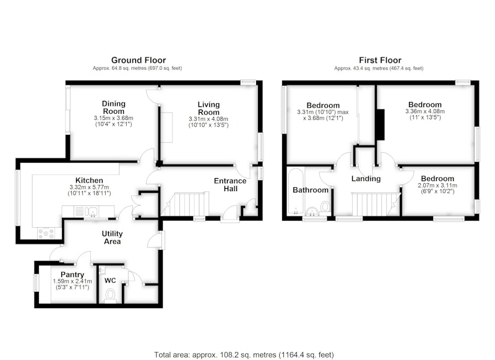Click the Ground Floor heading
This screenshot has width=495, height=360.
[x=139, y=60]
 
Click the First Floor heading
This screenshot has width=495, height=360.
[x=380, y=60]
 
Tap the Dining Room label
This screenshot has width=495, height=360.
[x=114, y=107]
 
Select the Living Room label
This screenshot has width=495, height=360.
[x=209, y=108]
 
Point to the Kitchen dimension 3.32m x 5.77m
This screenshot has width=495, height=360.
[x=89, y=187]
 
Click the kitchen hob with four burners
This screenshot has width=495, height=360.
[x=46, y=233]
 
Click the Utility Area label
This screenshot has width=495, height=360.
[x=112, y=238]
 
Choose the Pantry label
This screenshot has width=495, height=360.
[x=72, y=275]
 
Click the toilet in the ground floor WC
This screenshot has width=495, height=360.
[x=110, y=296]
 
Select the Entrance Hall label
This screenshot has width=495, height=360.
[x=230, y=184]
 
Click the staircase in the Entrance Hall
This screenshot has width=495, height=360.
[x=185, y=204]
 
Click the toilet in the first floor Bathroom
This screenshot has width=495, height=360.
[x=325, y=207]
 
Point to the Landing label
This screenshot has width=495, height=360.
[x=366, y=179]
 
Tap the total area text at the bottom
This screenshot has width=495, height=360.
[x=244, y=355]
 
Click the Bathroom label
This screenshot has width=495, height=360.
[x=311, y=190]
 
